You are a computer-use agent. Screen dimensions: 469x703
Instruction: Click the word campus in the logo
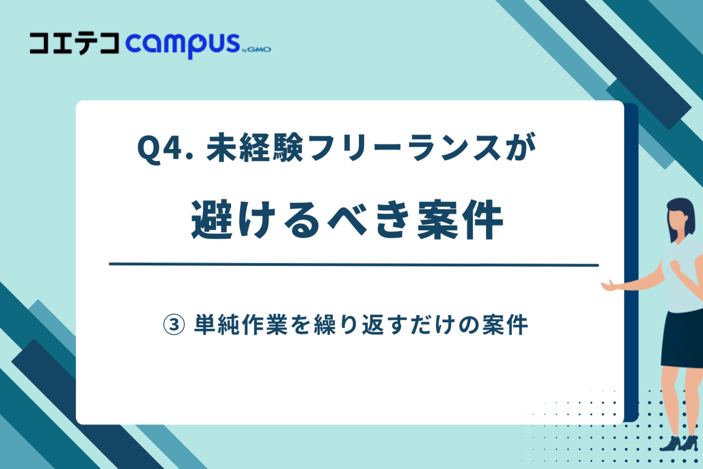coord(183,44)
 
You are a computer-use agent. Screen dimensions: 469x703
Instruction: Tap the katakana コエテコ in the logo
coord(74,44)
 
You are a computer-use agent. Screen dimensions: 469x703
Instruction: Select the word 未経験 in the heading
coord(255,149)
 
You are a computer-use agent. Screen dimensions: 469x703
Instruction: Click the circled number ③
coord(174,325)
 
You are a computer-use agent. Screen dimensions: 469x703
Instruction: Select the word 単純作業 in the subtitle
coord(241,325)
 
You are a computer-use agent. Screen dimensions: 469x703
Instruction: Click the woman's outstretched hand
coord(610,286)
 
